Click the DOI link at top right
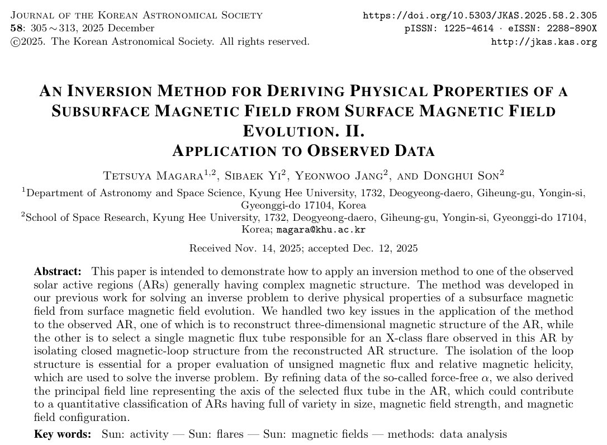point(480,16)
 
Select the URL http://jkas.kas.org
point(544,42)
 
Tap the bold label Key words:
point(62,434)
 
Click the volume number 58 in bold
point(16,28)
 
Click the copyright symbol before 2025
point(16,42)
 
